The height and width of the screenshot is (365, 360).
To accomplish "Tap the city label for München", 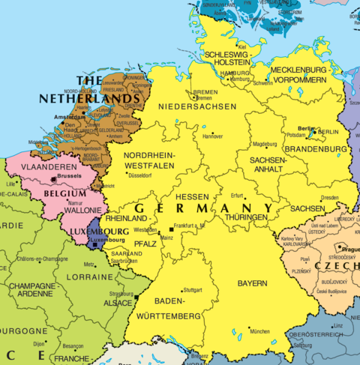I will (259, 331).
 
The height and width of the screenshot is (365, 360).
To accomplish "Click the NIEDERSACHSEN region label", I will (197, 106).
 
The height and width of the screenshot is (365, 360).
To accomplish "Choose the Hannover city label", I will (213, 136).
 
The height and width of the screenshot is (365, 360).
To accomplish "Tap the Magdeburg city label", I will (265, 144).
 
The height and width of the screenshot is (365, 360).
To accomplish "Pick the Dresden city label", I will (329, 198).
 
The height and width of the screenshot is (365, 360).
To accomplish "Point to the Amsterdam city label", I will (67, 119).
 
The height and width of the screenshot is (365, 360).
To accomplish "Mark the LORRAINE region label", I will (85, 277).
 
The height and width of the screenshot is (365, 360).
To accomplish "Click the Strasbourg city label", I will (119, 294).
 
